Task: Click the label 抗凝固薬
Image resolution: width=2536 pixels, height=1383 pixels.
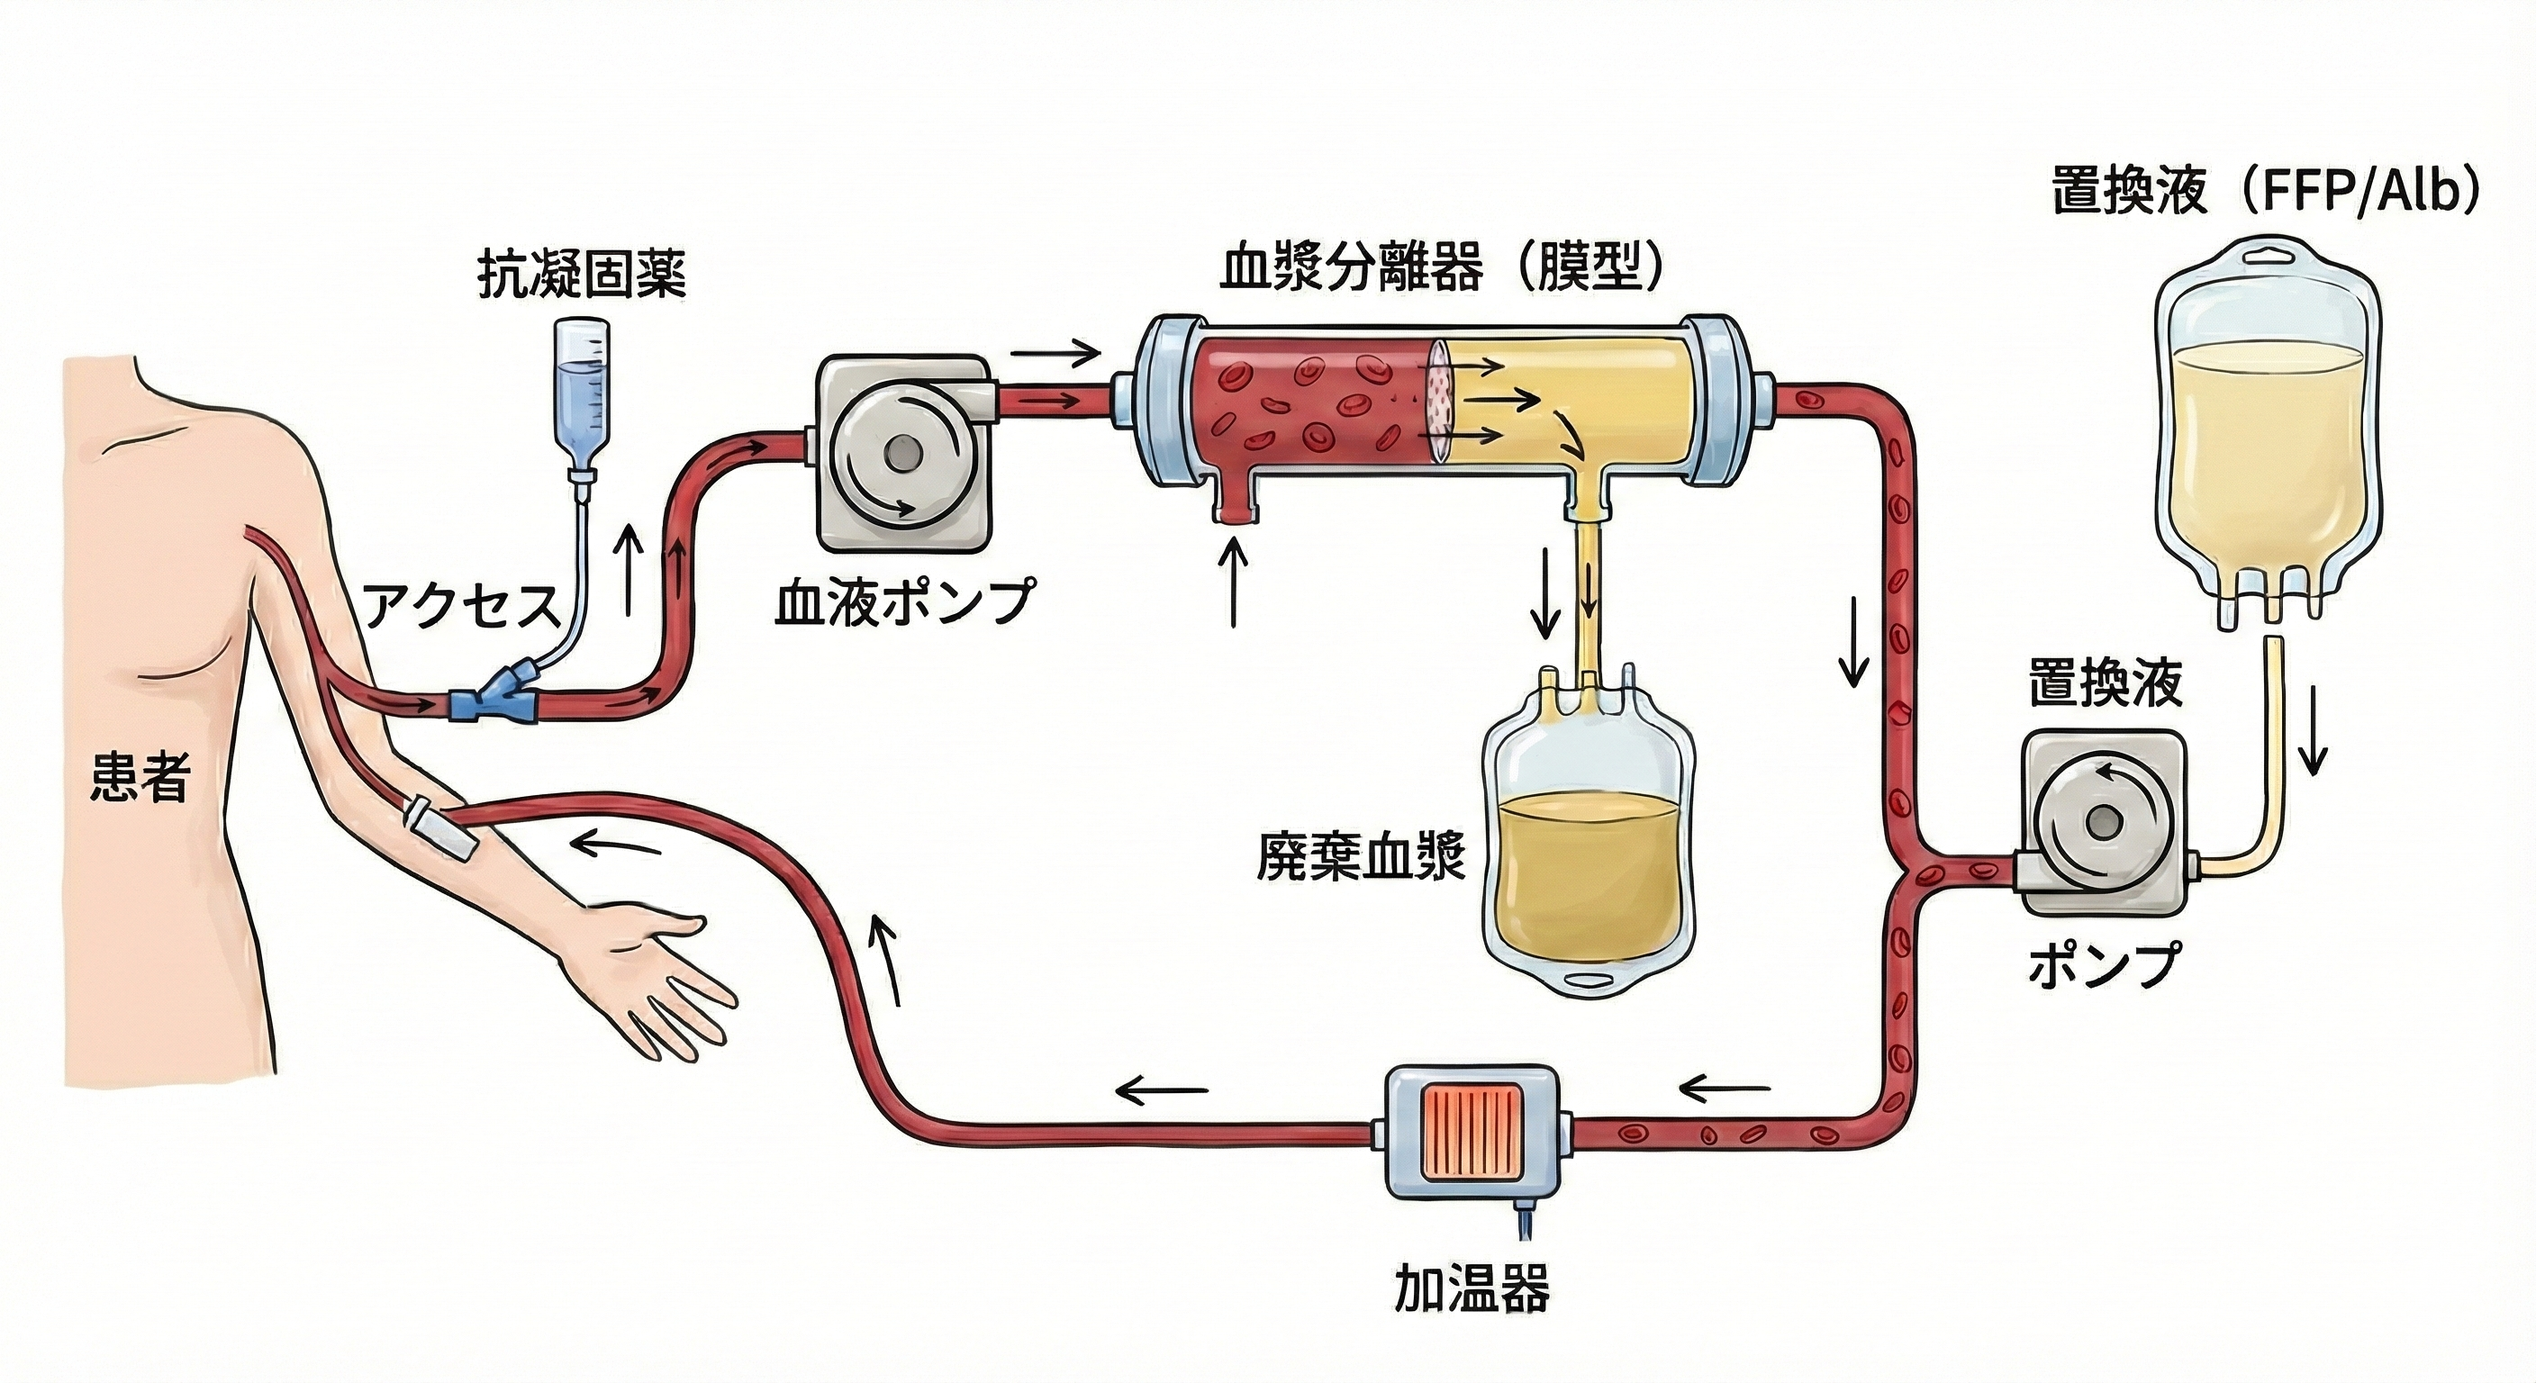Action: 581,275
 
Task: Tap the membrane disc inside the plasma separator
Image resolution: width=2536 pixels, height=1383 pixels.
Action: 1440,402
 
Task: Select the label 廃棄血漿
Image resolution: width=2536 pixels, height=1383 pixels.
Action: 1362,857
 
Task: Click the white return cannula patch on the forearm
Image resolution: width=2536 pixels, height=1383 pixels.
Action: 441,827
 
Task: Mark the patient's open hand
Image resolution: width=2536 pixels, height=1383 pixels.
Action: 649,964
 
